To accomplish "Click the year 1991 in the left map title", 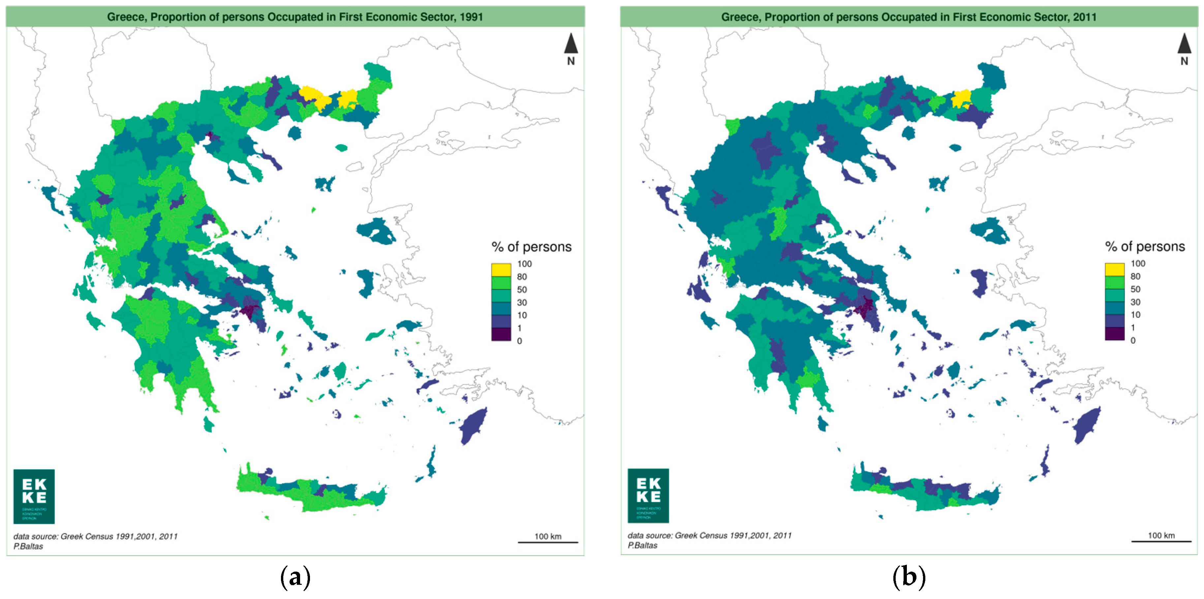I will (471, 17).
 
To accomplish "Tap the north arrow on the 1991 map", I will (571, 45).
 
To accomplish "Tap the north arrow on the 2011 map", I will (1184, 45).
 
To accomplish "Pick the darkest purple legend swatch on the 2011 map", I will (1114, 334).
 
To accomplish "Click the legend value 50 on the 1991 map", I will (522, 290).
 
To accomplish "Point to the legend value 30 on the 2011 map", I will (1135, 302).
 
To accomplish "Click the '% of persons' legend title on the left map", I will (531, 247).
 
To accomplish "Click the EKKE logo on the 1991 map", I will (34, 496).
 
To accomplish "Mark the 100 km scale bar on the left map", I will (548, 542).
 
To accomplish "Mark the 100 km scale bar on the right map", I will (1161, 541).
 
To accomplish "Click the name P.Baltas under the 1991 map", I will (28, 546).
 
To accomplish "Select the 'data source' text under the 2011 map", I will (709, 535).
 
